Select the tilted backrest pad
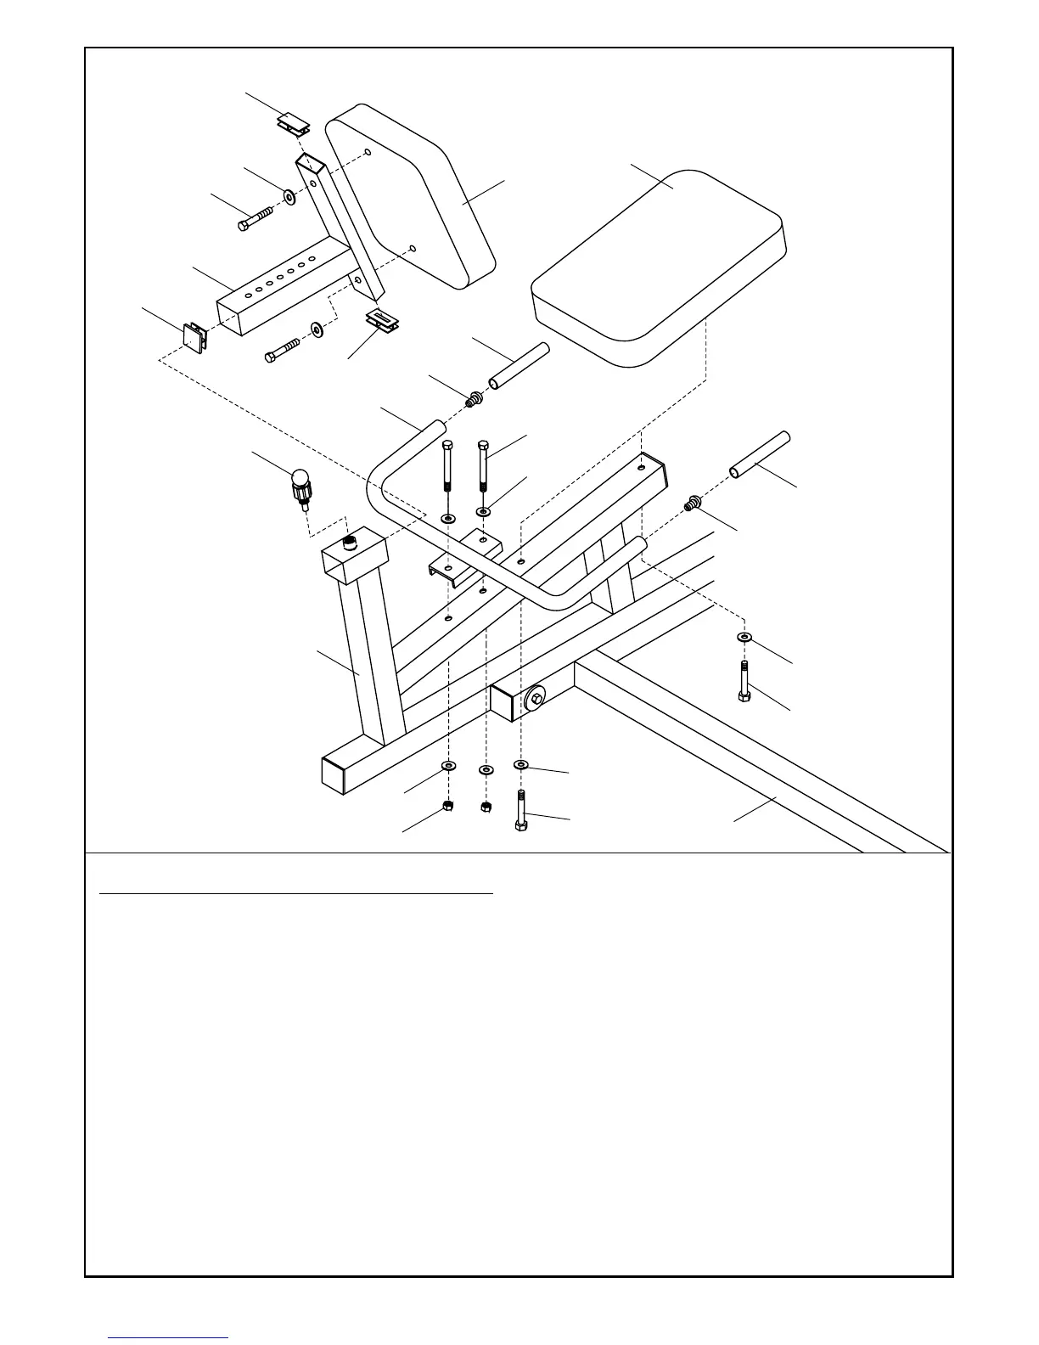[x=412, y=195]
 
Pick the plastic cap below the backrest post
[x=384, y=321]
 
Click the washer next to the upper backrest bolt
[x=289, y=197]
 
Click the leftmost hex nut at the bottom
[x=447, y=805]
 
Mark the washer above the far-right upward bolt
[x=744, y=636]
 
